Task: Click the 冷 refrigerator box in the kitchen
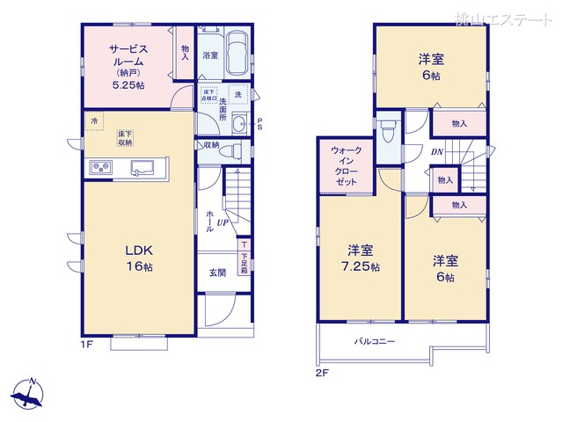pos(92,120)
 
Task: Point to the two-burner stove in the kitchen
pos(99,167)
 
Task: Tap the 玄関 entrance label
pos(216,273)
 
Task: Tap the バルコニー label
pos(375,340)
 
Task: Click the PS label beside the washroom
pos(260,123)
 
